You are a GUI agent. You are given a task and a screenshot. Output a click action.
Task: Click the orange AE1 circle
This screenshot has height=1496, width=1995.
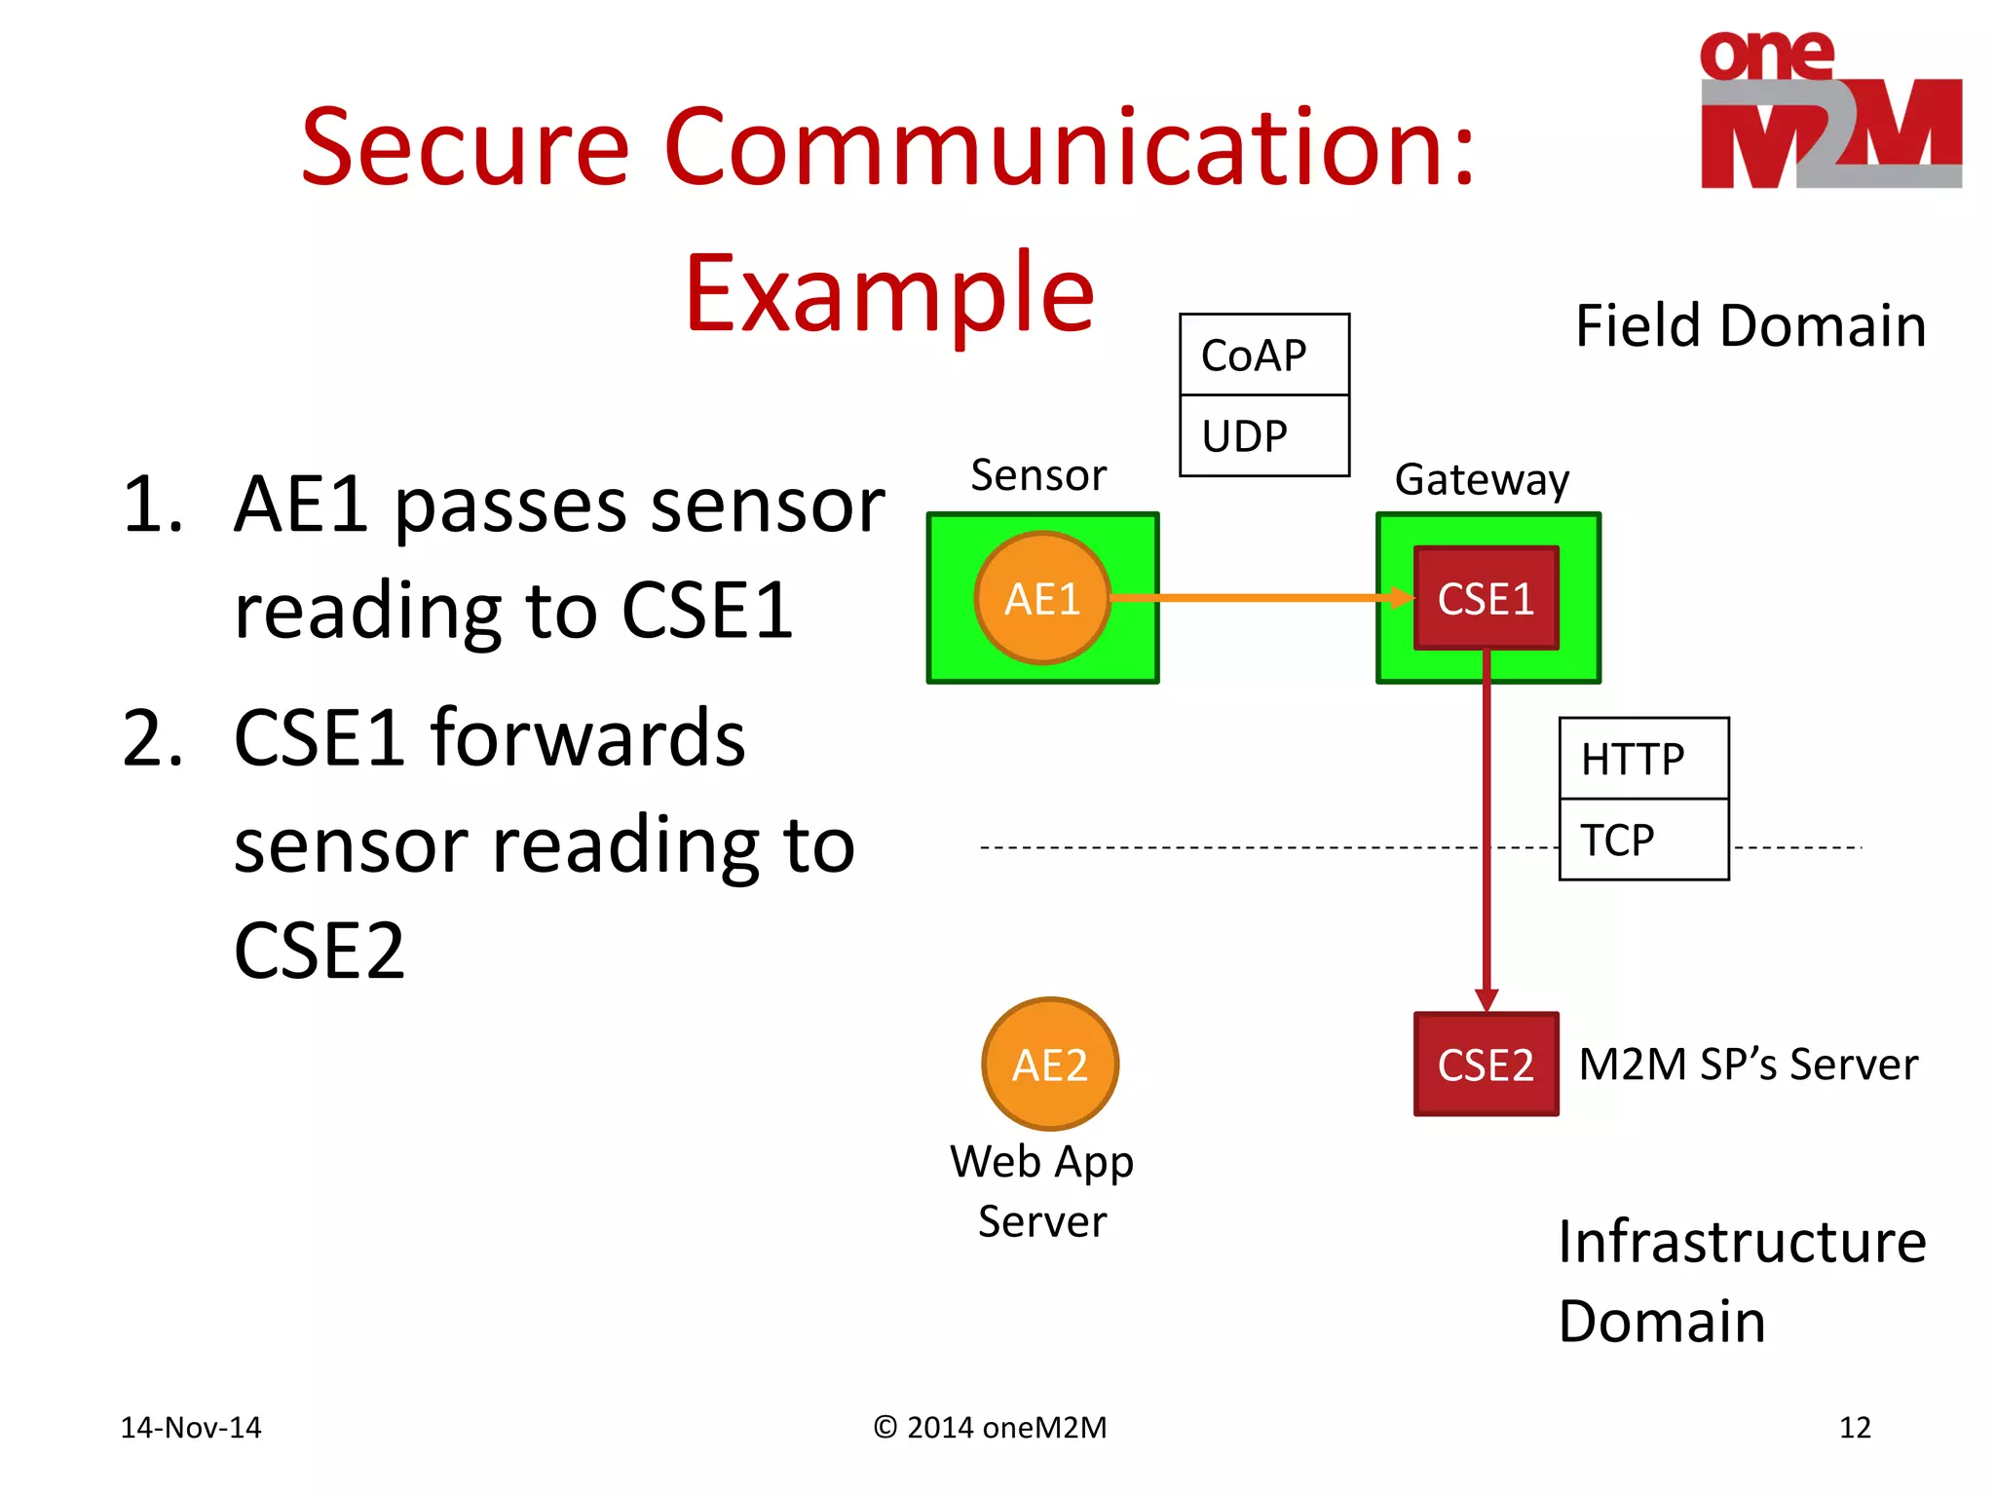coord(1042,598)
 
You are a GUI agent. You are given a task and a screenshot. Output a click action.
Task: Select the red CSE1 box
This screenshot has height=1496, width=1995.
coord(1486,598)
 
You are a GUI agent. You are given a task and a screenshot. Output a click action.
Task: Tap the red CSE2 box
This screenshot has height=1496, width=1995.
coord(1486,1064)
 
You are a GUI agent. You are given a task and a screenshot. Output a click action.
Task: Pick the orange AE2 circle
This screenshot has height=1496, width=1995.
coord(1049,1064)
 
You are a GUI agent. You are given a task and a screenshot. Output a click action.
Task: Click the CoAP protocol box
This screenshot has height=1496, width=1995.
coord(1263,355)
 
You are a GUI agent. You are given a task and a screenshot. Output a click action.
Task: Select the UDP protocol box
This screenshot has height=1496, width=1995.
coord(1263,436)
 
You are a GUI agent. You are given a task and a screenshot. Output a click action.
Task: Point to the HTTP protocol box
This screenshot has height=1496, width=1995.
coord(1643,759)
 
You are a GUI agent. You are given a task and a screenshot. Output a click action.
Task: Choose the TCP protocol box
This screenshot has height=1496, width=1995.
coord(1643,840)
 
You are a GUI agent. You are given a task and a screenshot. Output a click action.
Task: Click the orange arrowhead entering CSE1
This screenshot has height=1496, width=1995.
coord(1402,598)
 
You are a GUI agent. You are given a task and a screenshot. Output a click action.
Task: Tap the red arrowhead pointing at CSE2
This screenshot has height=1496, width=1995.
coord(1486,999)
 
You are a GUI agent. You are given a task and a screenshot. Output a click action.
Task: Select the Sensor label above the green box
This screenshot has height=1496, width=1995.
coord(1038,475)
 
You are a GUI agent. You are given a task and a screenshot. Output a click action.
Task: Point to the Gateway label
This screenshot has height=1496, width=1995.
coord(1482,479)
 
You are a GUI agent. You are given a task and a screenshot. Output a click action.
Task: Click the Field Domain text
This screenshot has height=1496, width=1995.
coord(1750,325)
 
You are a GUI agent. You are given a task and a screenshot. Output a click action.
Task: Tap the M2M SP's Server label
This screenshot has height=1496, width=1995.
coord(1748,1064)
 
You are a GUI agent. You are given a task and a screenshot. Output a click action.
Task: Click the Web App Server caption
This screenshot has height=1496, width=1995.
coord(1042,1190)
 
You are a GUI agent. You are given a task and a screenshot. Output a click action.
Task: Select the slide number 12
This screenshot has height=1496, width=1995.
coord(1855,1428)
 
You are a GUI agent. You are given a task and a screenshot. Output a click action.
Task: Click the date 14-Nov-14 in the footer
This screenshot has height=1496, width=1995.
coord(191,1428)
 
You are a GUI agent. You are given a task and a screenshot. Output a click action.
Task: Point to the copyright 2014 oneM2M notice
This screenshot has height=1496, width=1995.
coord(990,1428)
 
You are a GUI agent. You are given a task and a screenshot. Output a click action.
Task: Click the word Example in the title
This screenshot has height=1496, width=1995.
coord(889,292)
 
